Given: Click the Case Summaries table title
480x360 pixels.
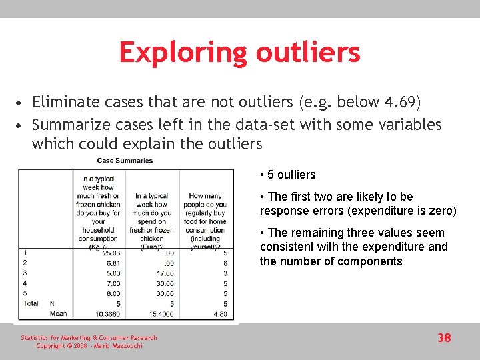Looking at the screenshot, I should pos(125,161).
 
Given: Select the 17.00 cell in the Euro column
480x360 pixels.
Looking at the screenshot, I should pos(164,273).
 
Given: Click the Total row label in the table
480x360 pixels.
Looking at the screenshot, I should pos(30,303).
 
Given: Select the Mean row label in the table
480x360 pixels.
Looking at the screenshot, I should pos(58,314).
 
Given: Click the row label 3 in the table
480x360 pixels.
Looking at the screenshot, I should pos(25,273).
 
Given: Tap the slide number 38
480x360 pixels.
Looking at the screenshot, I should pos(444,338).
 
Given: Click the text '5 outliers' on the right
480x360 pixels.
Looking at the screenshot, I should pos(291,175).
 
